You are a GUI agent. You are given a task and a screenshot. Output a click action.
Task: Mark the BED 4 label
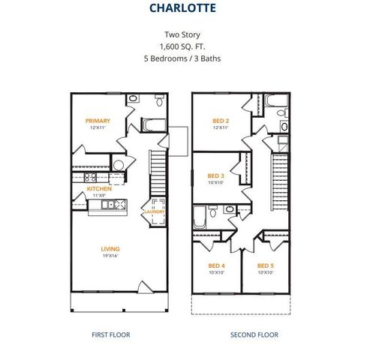click(216, 265)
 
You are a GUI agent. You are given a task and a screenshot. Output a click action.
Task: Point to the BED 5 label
click(265, 265)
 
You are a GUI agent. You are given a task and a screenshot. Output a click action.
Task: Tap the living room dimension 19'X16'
click(111, 256)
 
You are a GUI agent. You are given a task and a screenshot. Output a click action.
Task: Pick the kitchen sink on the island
click(109, 204)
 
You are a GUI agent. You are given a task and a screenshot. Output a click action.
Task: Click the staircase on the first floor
click(158, 169)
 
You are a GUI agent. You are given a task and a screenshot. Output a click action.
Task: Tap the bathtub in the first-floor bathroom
click(154, 124)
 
